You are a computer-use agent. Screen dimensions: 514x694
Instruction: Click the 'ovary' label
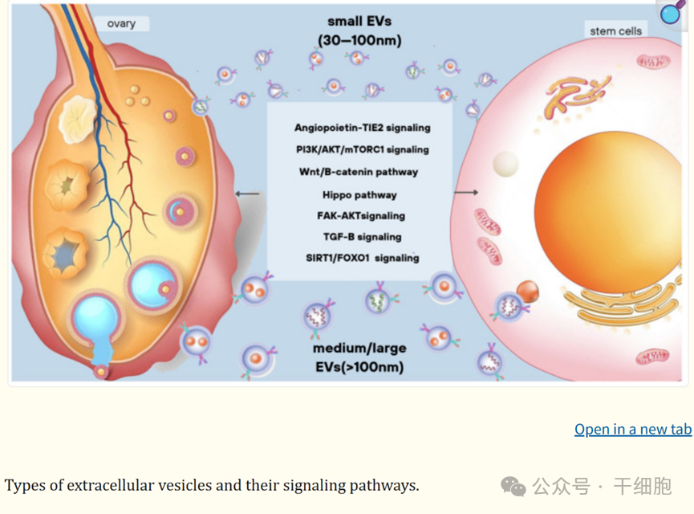click(121, 23)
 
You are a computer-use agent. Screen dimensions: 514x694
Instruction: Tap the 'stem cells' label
click(615, 31)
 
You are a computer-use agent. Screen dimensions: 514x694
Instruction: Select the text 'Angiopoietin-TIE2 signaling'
click(362, 128)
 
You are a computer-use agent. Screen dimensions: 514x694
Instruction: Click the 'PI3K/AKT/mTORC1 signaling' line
click(362, 149)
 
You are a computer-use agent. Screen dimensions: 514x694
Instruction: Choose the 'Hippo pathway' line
click(359, 194)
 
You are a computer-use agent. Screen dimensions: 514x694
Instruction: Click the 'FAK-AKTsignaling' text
click(361, 215)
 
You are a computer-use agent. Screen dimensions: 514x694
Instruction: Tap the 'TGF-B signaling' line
click(362, 237)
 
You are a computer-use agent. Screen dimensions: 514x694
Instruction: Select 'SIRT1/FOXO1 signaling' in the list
click(362, 258)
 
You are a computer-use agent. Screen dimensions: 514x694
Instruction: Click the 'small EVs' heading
click(359, 21)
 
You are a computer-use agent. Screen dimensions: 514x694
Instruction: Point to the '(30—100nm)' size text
click(359, 40)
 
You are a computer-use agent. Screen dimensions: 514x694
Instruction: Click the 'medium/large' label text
click(359, 349)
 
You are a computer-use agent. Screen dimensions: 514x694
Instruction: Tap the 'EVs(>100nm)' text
click(359, 368)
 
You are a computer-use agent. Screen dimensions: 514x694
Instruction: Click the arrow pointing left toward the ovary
click(247, 194)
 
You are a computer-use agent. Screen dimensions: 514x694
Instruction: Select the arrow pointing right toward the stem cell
click(465, 193)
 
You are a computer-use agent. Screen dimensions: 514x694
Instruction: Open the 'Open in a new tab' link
click(632, 429)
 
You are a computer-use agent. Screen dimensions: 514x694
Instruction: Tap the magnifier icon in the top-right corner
click(672, 12)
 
